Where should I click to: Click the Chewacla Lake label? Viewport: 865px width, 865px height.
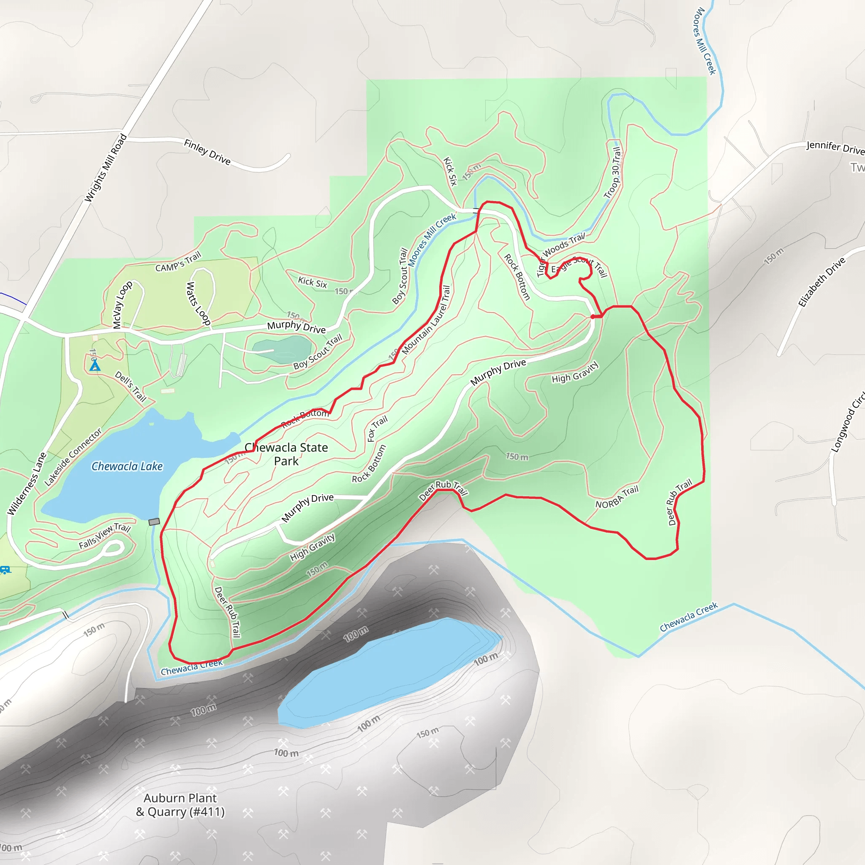127,467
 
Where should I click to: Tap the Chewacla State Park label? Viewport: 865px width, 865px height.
286,454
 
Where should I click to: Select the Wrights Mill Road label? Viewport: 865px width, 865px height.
106,168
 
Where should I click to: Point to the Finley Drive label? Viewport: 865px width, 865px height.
207,152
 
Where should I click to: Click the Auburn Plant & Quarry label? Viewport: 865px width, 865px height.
180,805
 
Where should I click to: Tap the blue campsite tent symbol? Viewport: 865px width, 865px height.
95,366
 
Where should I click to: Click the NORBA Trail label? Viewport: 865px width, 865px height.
617,498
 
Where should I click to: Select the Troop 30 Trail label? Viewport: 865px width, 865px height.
612,173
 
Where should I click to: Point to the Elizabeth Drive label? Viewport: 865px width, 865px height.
821,282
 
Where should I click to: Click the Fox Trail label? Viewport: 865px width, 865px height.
377,428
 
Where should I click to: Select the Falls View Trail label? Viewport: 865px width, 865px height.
104,536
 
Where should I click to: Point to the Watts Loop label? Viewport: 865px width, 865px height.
198,303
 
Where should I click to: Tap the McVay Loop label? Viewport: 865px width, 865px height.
122,305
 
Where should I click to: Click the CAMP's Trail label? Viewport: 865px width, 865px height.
178,262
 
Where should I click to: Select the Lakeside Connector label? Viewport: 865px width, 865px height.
73,457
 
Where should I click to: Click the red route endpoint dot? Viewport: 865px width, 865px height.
593,316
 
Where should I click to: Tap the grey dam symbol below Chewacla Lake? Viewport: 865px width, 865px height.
154,522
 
